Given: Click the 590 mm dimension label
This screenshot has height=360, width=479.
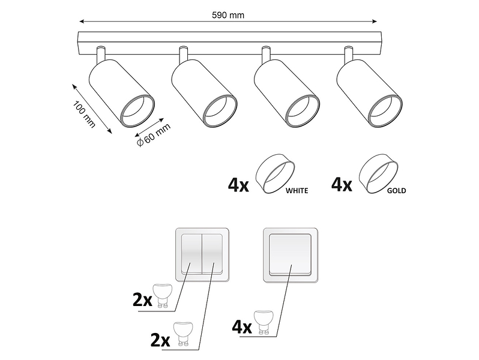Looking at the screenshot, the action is coord(228,15).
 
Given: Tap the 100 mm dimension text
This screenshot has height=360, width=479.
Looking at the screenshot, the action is coord(84,114).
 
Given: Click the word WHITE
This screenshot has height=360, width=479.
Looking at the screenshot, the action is coord(297,191).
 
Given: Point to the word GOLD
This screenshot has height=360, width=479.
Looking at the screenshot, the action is coord(397,191).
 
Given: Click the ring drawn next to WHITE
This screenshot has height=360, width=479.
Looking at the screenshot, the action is coord(276,173).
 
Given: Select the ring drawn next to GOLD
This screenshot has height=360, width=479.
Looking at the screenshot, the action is coord(378,173).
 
